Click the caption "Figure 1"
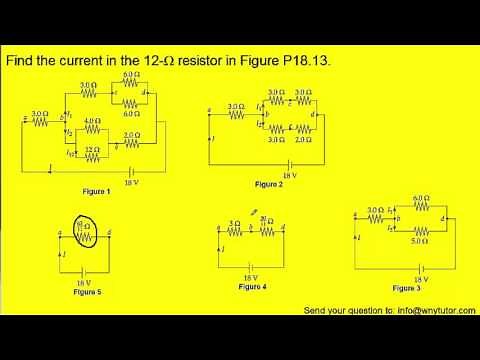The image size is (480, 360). (x=96, y=190)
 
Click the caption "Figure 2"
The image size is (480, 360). (x=269, y=185)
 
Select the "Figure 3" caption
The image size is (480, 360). (x=406, y=288)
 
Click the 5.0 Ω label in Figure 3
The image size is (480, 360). (x=420, y=240)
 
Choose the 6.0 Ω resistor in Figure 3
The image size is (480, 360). (x=420, y=207)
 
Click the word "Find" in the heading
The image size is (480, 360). (x=23, y=62)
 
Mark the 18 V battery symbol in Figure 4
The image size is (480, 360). (x=251, y=267)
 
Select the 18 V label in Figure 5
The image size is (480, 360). (x=83, y=281)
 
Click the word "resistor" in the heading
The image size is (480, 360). (x=197, y=62)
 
